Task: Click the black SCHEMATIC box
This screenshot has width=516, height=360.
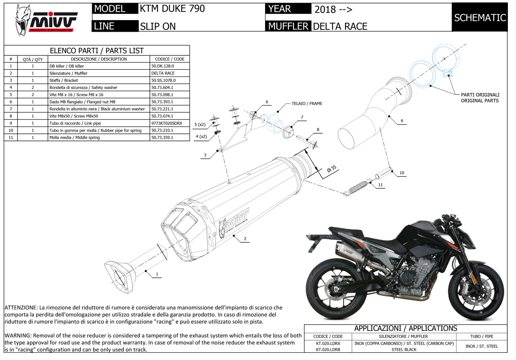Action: click(480, 17)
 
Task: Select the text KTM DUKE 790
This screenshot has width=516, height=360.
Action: click(172, 8)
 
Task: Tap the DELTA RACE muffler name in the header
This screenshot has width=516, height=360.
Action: click(340, 26)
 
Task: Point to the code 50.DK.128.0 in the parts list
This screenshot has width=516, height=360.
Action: click(163, 66)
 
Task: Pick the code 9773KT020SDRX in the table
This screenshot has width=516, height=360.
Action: click(167, 123)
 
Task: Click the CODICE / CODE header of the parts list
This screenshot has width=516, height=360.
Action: click(169, 59)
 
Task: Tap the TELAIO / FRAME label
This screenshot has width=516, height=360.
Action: click(307, 104)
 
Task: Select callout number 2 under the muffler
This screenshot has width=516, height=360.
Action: click(245, 239)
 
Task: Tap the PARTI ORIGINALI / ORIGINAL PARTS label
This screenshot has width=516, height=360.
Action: click(480, 97)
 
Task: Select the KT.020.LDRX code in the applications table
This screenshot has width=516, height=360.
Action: click(328, 343)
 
